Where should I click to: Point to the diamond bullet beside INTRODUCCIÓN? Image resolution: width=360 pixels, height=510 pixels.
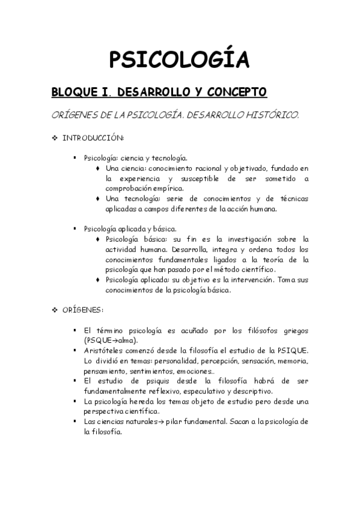(55, 138)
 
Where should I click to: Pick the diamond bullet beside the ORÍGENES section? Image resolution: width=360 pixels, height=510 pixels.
(55, 310)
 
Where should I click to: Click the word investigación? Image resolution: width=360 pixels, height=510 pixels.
(245, 239)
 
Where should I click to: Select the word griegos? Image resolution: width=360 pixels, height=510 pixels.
(293, 331)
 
